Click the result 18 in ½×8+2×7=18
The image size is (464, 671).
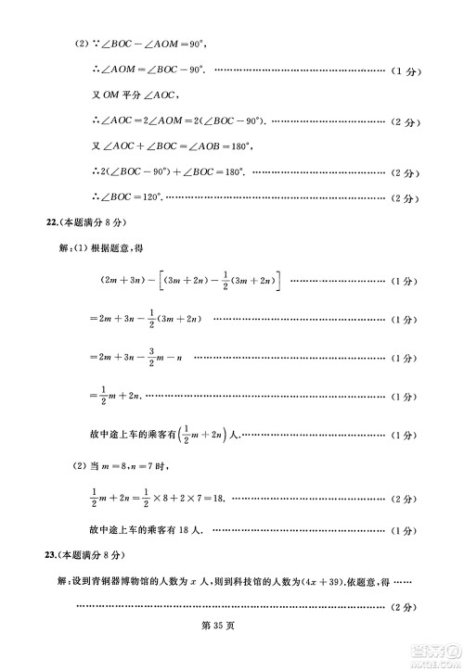tap(219, 499)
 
